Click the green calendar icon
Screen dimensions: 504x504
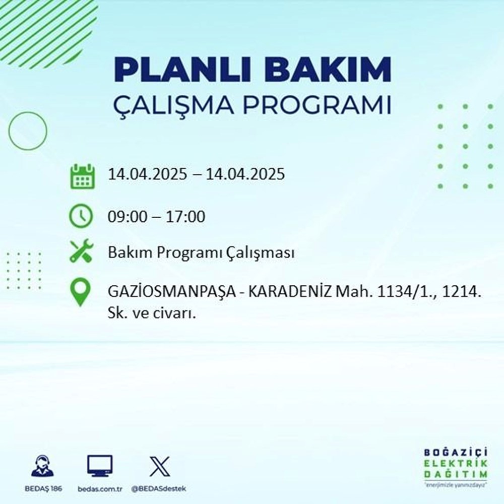[82, 175]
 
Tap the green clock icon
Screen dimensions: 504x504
[82, 217]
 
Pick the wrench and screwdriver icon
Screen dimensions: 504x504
[82, 252]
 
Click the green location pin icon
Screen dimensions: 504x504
[82, 293]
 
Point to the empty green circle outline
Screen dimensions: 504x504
[27, 131]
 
